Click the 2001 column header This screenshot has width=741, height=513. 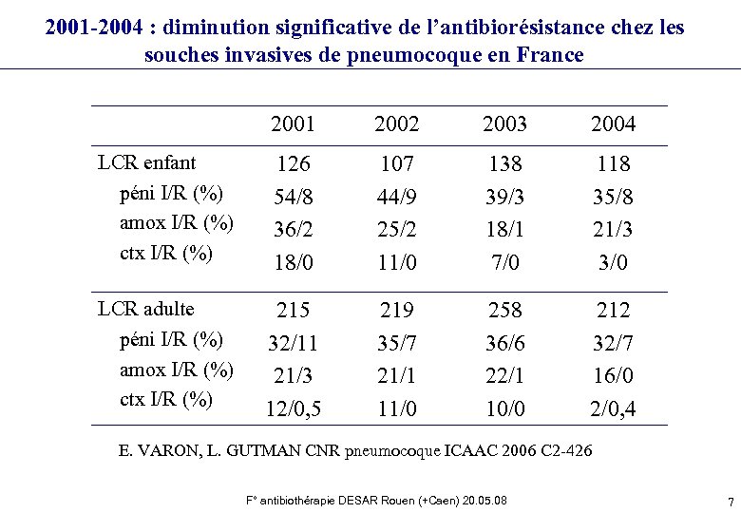coord(293,124)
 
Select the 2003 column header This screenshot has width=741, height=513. coord(504,124)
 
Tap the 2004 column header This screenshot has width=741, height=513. coord(613,124)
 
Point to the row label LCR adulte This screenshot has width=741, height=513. coord(146,309)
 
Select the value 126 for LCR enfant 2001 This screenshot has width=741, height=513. coord(293,164)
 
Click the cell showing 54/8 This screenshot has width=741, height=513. coord(293,197)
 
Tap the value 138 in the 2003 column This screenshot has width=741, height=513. coord(504,164)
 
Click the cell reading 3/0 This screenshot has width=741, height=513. coord(613,261)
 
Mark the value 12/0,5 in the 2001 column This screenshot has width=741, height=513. coord(293,408)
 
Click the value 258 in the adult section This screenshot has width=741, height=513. coord(504,311)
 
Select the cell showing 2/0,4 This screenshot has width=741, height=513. coord(613,408)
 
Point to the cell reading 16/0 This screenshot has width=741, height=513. coord(613,375)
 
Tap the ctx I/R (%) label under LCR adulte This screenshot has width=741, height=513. coord(166,399)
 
